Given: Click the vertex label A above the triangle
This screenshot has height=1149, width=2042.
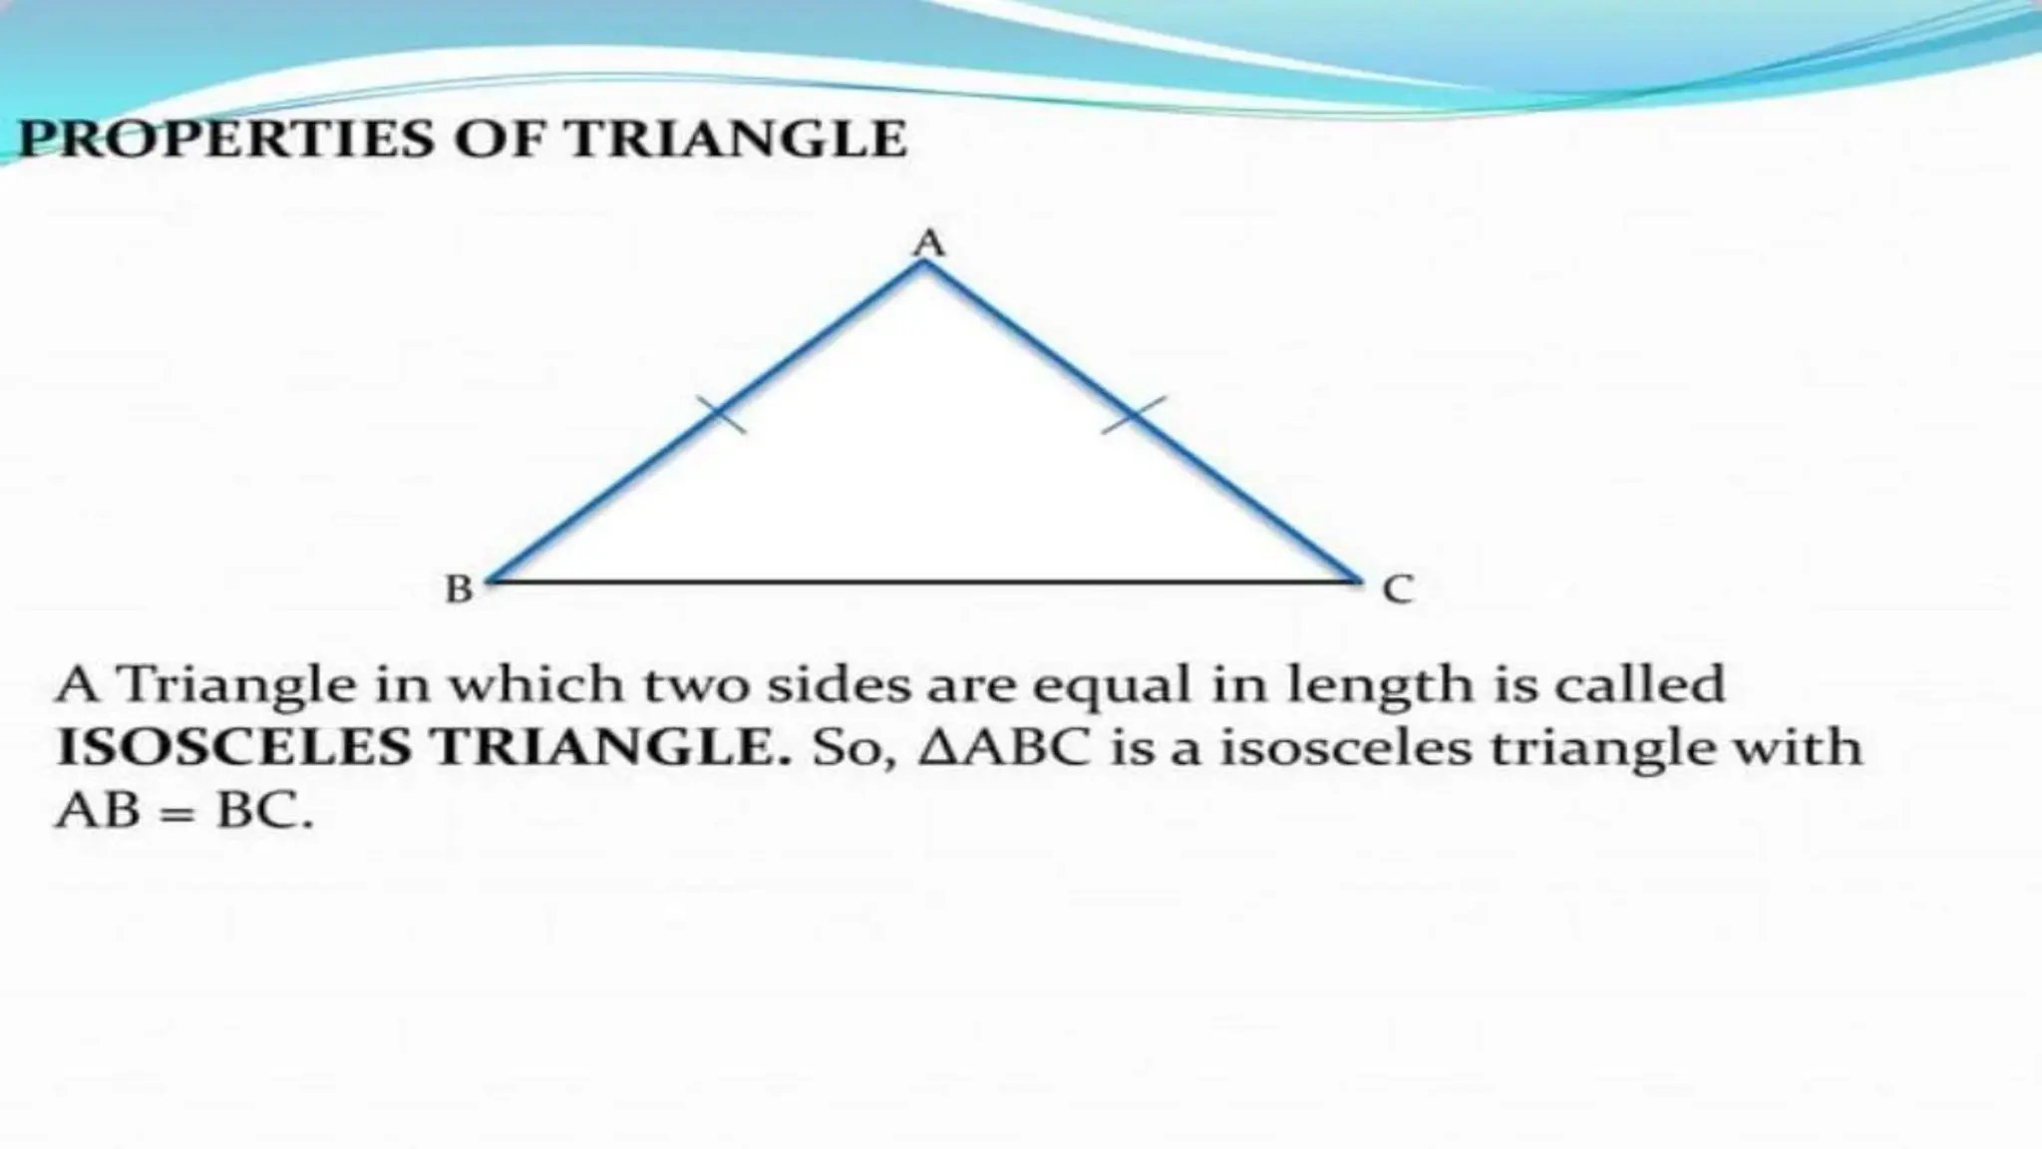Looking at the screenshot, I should tap(929, 242).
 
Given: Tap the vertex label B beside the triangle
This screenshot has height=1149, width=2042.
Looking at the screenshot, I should tap(459, 589).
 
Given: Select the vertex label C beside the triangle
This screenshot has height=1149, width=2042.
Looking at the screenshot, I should tap(1398, 589).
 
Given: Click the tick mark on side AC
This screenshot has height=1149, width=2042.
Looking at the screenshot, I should tap(1134, 414).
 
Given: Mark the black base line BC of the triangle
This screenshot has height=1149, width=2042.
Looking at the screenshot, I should tap(922, 579).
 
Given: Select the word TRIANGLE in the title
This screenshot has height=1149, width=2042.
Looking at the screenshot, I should tap(737, 139).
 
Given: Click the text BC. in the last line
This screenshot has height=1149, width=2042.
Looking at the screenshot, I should tap(264, 812).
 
